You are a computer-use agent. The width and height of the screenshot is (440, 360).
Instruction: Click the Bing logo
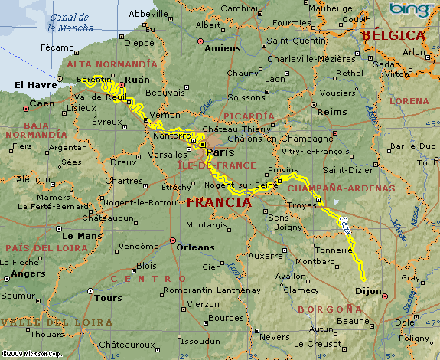point(407,9)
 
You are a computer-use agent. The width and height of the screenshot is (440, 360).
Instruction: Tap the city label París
point(220,152)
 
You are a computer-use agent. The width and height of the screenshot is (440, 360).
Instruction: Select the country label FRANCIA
point(219,203)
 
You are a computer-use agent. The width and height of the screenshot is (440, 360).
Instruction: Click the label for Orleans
point(196,247)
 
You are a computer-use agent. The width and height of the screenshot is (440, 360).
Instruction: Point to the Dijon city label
point(369,291)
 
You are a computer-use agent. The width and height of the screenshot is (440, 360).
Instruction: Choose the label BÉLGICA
point(393,35)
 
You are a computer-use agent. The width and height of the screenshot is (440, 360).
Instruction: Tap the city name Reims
point(331,111)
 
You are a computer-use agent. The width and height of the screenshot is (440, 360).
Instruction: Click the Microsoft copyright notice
point(31,354)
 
